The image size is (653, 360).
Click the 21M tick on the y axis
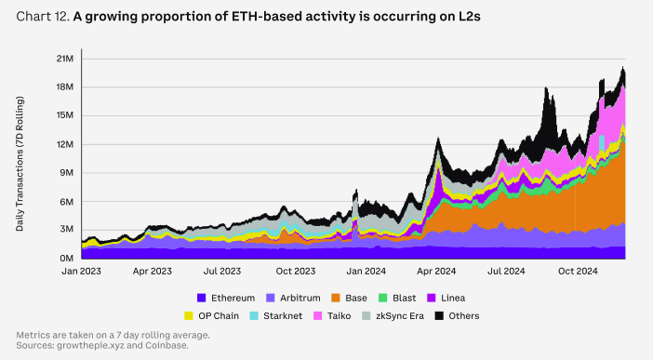pyautogui.click(x=65, y=59)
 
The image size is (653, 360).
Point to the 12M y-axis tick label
pyautogui.click(x=65, y=144)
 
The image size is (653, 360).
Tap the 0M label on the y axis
pyautogui.click(x=67, y=259)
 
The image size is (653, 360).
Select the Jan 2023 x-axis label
pyautogui.click(x=81, y=272)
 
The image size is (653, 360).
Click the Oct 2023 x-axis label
pyautogui.click(x=296, y=272)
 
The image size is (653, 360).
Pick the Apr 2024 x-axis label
pyautogui.click(x=436, y=272)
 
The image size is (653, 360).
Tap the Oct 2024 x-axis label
pyautogui.click(x=578, y=272)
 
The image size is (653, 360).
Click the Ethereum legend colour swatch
pyautogui.click(x=202, y=298)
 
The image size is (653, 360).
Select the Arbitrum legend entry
pyautogui.click(x=293, y=298)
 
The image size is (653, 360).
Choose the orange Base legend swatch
pyautogui.click(x=336, y=298)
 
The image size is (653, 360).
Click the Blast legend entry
pyautogui.click(x=397, y=298)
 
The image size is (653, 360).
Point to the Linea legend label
pyautogui.click(x=453, y=298)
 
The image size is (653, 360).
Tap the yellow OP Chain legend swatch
pyautogui.click(x=189, y=316)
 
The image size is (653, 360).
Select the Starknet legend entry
pyautogui.click(x=275, y=316)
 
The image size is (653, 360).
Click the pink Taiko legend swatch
pyautogui.click(x=318, y=316)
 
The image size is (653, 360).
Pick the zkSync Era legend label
pyautogui.click(x=400, y=316)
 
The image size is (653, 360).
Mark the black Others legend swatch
pyautogui.click(x=439, y=316)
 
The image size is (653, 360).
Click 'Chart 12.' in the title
pyautogui.click(x=43, y=17)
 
